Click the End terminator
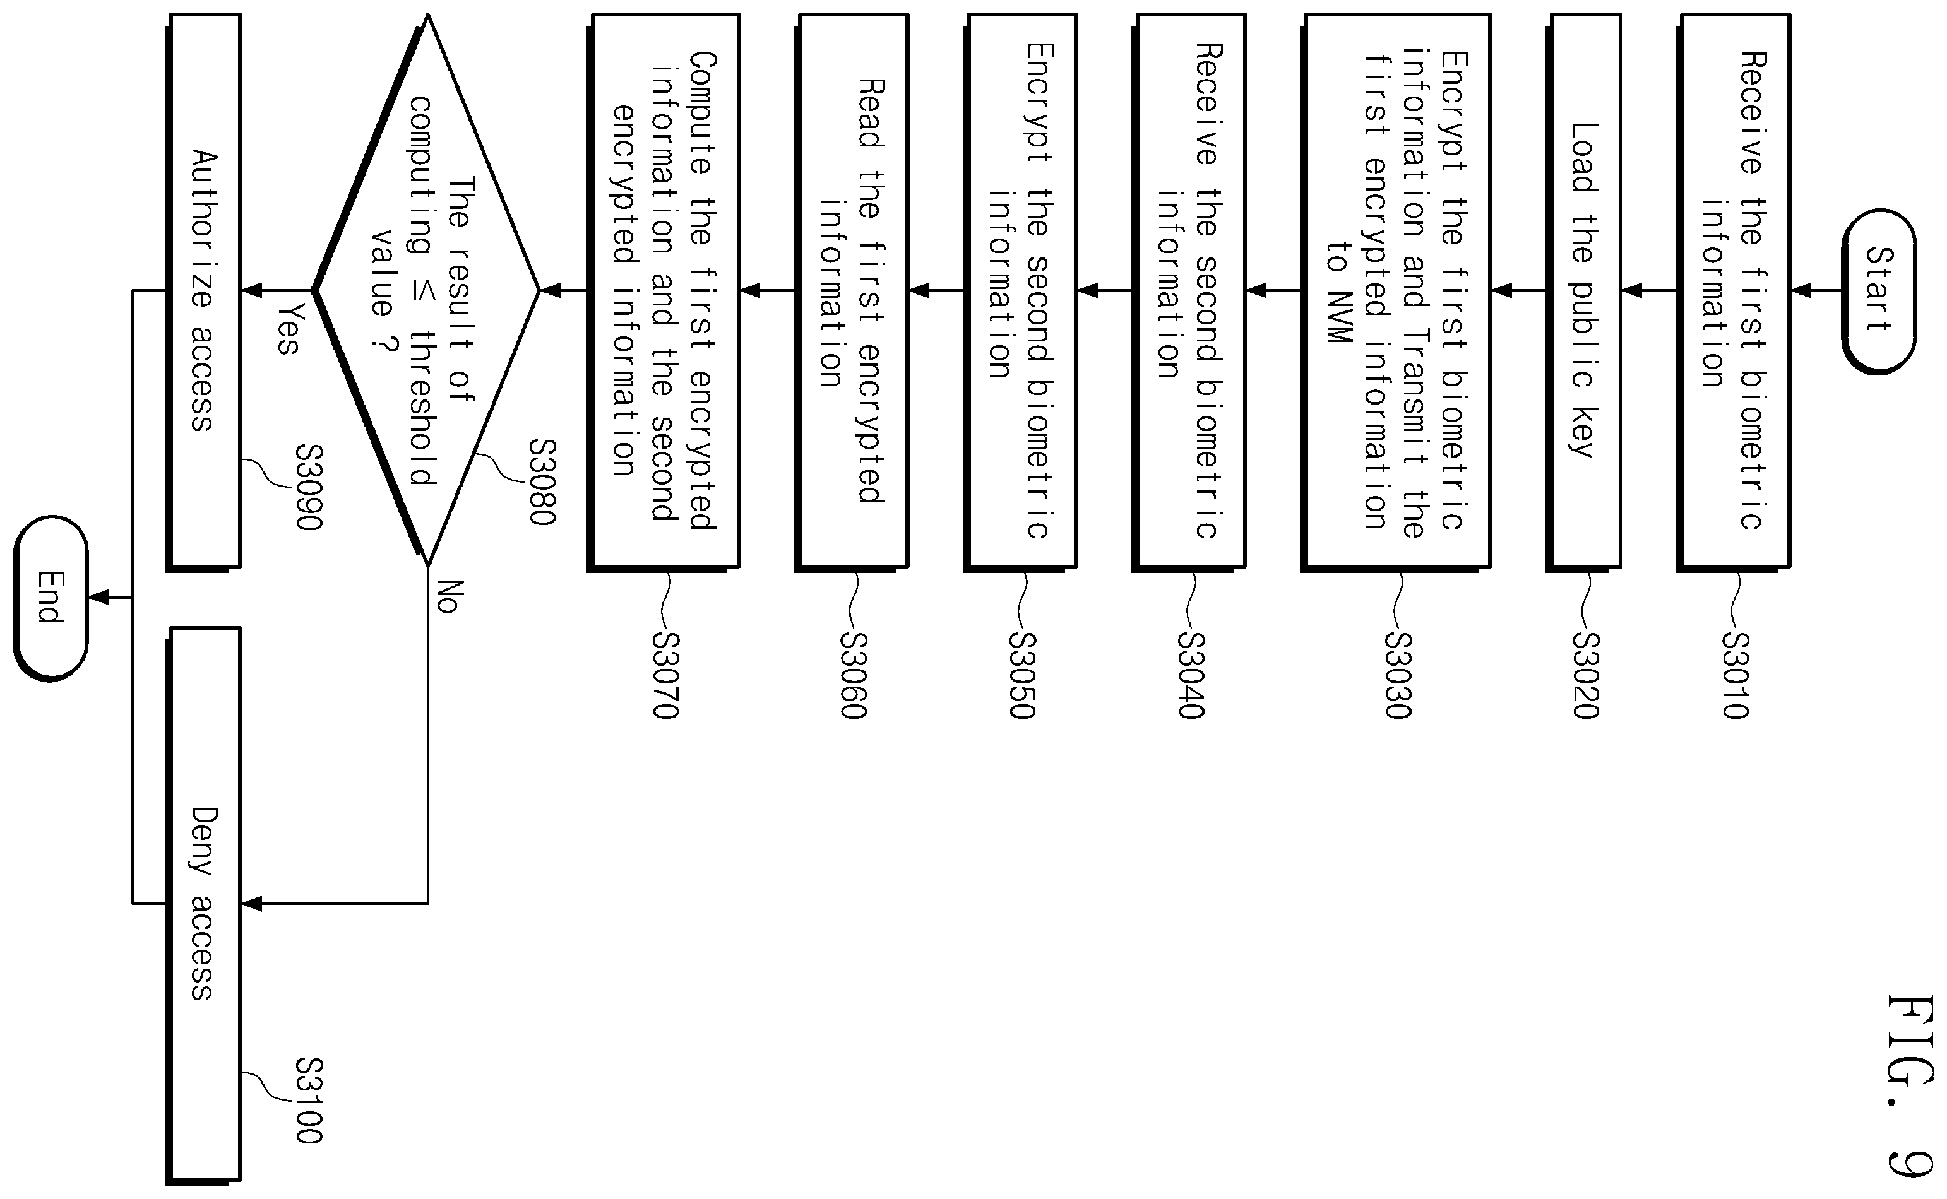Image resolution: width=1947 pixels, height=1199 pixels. coord(51,598)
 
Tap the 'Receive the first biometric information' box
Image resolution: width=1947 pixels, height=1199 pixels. coord(1734,291)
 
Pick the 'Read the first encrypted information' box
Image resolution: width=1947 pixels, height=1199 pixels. coord(851,291)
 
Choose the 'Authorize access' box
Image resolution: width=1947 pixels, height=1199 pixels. coord(203,291)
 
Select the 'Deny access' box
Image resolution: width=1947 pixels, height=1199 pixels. coord(203,904)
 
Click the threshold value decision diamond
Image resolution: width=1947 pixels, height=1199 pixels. coord(427,291)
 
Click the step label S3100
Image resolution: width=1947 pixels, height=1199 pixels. coord(309,1101)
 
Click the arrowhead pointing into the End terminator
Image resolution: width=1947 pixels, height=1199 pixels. coord(98,597)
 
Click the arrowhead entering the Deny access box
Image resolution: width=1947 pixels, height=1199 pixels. coord(251,903)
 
